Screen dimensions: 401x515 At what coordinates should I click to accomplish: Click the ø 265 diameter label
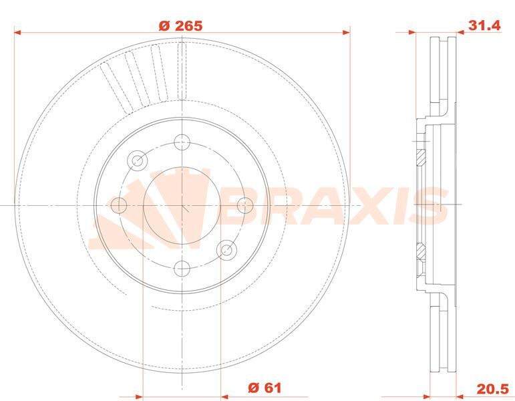180,25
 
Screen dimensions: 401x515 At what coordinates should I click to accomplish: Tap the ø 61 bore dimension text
265,388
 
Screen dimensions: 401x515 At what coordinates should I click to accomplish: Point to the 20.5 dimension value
493,388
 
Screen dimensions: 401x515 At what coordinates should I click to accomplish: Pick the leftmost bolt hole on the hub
118,205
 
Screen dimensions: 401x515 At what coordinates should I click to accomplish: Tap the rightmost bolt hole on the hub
245,205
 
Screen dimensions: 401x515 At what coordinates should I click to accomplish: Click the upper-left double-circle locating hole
138,160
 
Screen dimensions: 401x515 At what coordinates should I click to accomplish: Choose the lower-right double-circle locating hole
226,250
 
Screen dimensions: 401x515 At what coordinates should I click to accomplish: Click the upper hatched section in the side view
420,158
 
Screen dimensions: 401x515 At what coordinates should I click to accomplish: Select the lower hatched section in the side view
420,252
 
